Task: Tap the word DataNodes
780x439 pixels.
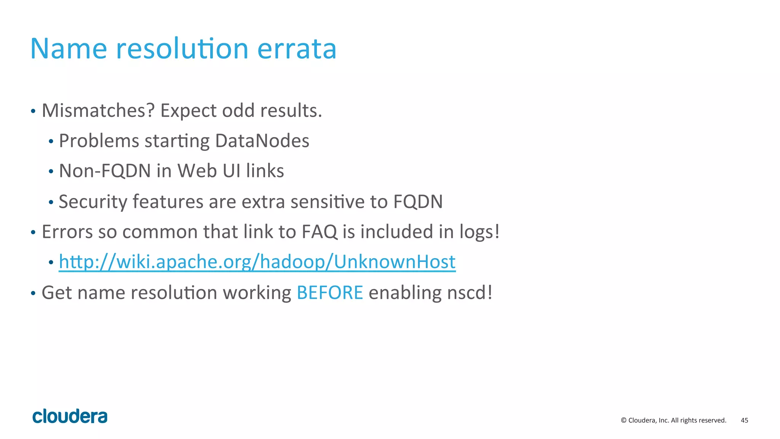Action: click(x=262, y=141)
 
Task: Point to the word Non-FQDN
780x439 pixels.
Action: click(x=105, y=171)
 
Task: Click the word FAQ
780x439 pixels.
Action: click(x=319, y=232)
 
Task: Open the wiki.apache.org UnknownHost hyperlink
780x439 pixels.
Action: click(x=257, y=262)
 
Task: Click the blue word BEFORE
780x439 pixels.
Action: click(x=330, y=293)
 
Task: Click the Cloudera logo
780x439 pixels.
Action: click(x=70, y=416)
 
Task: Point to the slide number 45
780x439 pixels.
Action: click(x=744, y=420)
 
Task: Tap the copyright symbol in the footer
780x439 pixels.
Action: click(x=624, y=420)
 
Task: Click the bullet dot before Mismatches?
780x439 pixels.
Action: click(x=33, y=112)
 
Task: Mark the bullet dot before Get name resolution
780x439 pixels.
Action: click(x=33, y=294)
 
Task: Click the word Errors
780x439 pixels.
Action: click(x=67, y=232)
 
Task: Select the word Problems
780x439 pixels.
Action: click(x=99, y=141)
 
